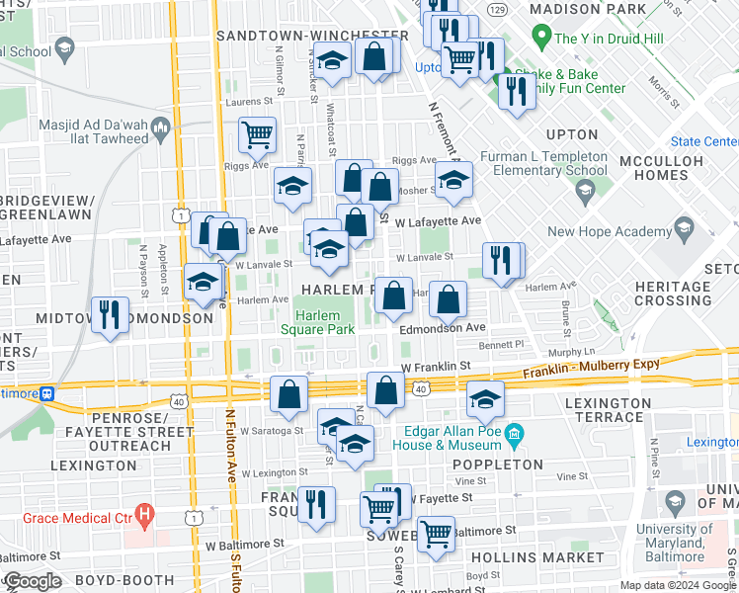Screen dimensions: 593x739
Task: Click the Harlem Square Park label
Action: pos(317,322)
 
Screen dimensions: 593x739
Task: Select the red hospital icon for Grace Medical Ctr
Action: pos(145,513)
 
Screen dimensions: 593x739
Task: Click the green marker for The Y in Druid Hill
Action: pos(540,39)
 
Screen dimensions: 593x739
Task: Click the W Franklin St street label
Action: pos(436,366)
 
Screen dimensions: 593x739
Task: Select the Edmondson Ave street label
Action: pos(443,327)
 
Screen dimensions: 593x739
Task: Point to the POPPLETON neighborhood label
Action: pos(498,464)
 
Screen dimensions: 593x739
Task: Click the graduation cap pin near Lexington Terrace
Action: pos(485,398)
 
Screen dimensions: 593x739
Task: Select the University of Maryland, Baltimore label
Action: pos(674,543)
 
